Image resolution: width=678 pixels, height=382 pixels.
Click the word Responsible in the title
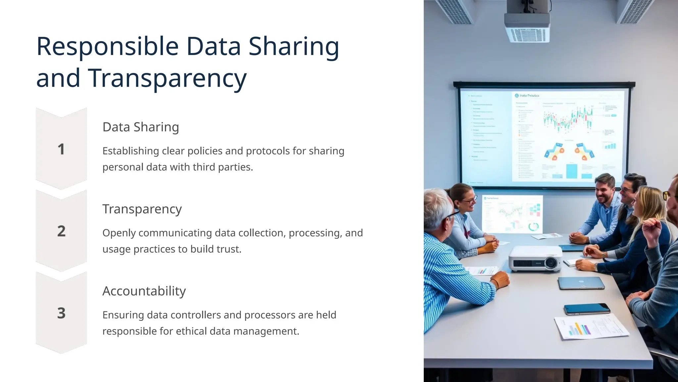coord(107,46)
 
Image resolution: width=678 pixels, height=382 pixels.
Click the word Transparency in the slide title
coord(167,78)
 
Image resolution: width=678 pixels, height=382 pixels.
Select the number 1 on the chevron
coord(61,149)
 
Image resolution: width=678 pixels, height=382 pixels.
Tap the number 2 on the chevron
coord(61,231)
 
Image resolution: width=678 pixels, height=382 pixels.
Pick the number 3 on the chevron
coord(61,313)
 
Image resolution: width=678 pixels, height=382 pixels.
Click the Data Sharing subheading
coord(141,127)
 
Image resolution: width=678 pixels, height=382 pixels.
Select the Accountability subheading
coord(144,291)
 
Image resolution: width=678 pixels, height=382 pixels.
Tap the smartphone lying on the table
coord(586,309)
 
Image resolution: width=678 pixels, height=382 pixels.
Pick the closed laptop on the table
coord(581,283)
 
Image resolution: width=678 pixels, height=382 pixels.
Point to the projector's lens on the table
coord(551,263)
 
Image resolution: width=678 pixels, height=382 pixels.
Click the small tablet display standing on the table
coord(512,214)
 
